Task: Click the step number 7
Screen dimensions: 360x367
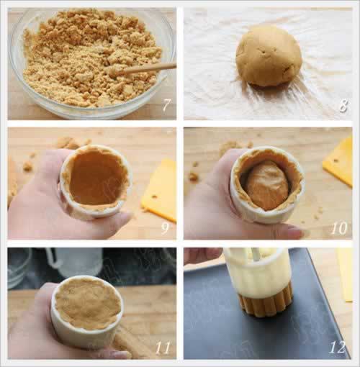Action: click(x=166, y=105)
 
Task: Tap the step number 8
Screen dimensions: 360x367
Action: click(x=343, y=105)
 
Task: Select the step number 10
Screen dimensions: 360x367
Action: click(x=339, y=227)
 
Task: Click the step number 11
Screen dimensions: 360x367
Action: click(x=163, y=347)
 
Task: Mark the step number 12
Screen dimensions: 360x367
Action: click(x=338, y=347)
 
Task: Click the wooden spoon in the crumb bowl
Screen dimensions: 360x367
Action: click(x=143, y=69)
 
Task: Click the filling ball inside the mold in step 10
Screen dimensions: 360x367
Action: click(x=267, y=185)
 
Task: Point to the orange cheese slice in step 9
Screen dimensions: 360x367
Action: click(x=160, y=190)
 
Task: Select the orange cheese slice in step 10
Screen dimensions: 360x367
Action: click(x=338, y=161)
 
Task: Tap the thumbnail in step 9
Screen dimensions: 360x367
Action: click(x=123, y=214)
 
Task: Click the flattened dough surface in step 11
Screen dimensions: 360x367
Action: click(x=88, y=303)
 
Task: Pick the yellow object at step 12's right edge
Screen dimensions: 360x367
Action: click(x=345, y=275)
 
